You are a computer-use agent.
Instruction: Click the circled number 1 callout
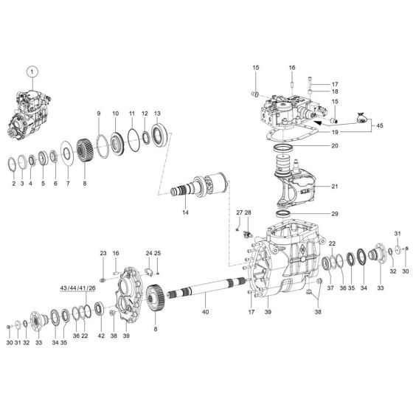(x=31, y=72)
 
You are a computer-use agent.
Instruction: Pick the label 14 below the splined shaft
(x=185, y=212)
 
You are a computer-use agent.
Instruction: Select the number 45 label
(x=380, y=125)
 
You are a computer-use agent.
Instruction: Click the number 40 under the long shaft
(x=206, y=313)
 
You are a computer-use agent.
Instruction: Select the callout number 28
(x=248, y=212)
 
